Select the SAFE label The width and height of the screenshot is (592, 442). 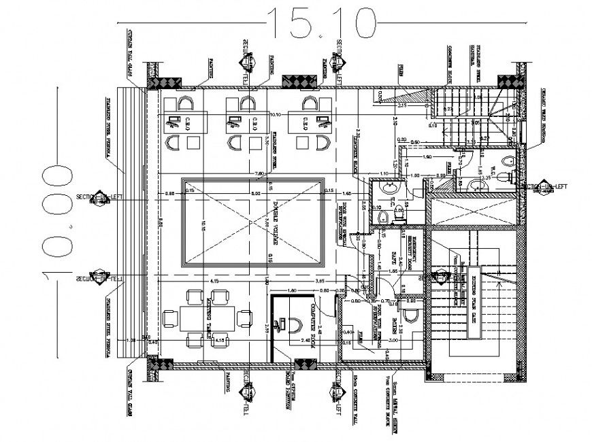pyautogui.click(x=393, y=260)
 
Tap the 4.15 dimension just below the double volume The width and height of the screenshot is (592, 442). pyautogui.click(x=214, y=280)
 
